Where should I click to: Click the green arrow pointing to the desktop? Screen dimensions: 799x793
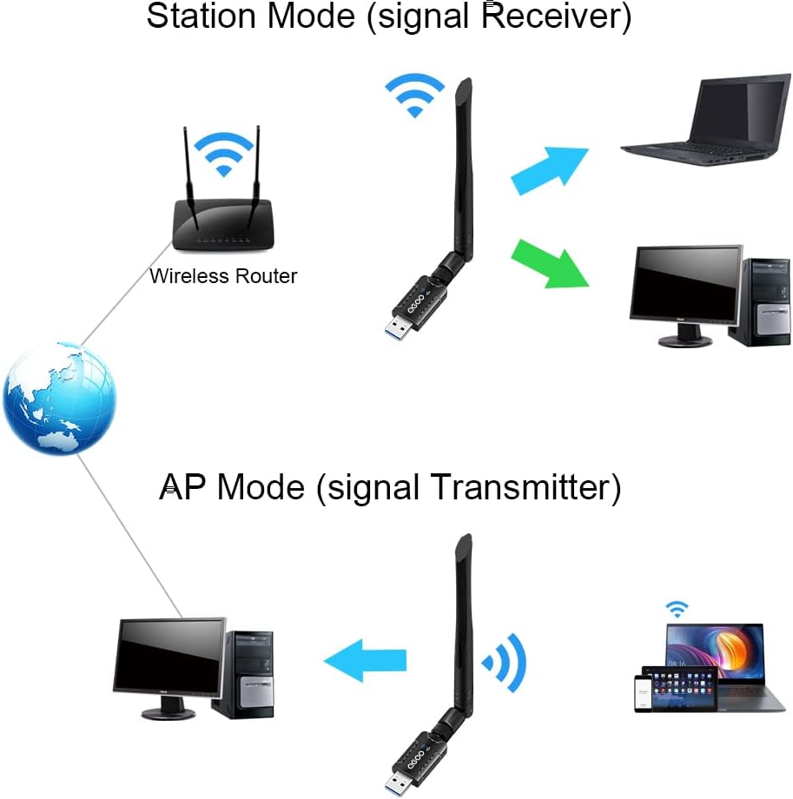point(551,262)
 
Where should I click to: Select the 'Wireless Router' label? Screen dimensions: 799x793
point(223,276)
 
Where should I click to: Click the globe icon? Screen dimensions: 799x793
point(59,398)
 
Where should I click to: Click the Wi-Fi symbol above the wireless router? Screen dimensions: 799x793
point(223,153)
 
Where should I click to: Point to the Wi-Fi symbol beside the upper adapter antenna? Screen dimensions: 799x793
point(414,95)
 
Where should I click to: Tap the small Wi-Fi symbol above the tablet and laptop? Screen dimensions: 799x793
point(677,609)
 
